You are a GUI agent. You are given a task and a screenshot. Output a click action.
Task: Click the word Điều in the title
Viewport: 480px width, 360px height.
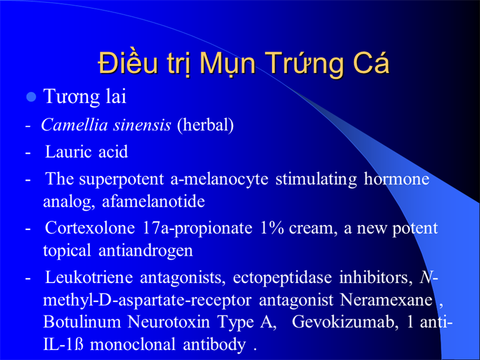tap(128, 62)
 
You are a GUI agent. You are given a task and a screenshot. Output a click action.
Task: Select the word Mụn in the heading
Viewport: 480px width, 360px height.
tap(227, 64)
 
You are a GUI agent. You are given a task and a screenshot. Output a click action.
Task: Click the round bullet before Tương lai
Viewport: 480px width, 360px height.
tap(31, 97)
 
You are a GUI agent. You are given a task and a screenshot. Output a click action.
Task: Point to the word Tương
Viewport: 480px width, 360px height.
tap(71, 97)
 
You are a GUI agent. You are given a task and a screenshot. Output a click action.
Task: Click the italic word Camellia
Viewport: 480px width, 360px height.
tap(75, 124)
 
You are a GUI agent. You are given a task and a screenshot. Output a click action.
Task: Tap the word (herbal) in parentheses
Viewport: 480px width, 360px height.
tap(206, 125)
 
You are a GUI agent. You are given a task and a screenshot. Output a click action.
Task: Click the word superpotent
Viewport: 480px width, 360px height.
tap(121, 180)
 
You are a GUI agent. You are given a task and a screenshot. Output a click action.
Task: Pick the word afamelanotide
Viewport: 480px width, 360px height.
tap(153, 201)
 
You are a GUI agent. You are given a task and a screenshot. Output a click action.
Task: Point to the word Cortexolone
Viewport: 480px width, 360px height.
tap(90, 228)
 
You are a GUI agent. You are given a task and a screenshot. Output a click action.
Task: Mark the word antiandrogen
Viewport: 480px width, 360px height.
tap(146, 251)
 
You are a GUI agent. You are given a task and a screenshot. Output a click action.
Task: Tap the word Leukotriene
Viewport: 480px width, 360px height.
tap(89, 277)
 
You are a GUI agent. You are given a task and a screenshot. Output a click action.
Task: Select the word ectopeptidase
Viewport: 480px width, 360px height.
tap(282, 278)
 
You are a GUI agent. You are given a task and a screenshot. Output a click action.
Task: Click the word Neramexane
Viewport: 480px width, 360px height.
tap(386, 300)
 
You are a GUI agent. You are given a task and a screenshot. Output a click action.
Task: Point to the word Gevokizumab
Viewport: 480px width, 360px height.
tap(345, 322)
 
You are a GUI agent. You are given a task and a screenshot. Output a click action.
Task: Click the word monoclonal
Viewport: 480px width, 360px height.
tap(133, 344)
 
